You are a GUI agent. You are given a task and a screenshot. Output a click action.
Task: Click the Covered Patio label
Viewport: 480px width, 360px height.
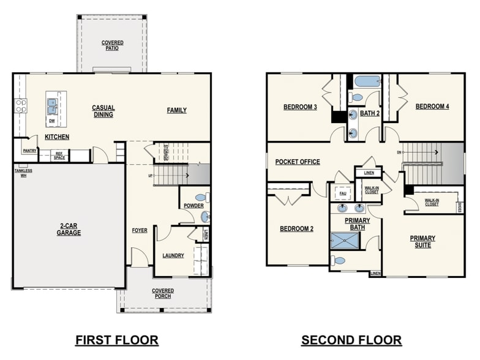[x=112, y=45]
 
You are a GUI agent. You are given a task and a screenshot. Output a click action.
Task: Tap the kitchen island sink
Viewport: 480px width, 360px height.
[x=52, y=106]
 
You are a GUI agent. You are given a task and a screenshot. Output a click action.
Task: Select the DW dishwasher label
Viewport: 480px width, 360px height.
[x=52, y=121]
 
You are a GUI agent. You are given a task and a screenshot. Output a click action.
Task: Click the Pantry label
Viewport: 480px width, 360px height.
[x=29, y=150]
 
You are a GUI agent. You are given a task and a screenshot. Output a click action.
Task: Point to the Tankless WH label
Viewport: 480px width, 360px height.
[x=23, y=173]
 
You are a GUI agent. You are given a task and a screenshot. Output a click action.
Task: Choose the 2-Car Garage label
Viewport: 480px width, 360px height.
[x=69, y=230]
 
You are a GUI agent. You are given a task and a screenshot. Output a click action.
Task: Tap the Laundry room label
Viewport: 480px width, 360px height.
[x=173, y=255]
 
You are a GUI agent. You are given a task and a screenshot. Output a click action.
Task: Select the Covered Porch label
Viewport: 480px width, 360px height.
[x=163, y=293]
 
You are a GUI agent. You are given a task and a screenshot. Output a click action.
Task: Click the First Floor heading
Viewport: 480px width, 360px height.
[x=116, y=340]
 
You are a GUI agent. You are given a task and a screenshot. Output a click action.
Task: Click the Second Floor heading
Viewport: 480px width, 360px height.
[x=351, y=340]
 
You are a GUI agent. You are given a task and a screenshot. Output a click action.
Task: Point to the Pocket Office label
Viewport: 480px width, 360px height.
[x=298, y=162]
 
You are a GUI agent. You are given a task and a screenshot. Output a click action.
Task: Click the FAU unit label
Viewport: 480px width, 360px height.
[x=342, y=193]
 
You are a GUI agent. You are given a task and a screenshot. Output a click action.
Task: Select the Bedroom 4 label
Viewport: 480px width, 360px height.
[x=432, y=107]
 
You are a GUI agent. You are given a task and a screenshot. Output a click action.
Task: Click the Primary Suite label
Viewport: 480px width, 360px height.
[x=422, y=241]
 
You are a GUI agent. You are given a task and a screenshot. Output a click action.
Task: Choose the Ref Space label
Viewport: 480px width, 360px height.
[x=59, y=156]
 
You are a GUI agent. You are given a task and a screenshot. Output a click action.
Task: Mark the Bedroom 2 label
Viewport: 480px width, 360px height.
[x=296, y=229]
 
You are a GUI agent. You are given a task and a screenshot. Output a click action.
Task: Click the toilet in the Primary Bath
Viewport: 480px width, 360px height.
[x=339, y=261]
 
